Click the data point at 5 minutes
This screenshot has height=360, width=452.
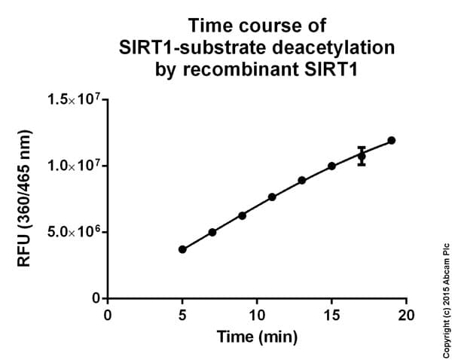182,249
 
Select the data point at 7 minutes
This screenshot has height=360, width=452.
212,232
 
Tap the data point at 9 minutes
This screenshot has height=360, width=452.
242,215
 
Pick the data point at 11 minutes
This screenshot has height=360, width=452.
272,197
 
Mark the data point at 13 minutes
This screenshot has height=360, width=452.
302,181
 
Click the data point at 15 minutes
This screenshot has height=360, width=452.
331,166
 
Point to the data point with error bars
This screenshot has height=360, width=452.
362,156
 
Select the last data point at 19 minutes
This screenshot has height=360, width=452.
392,140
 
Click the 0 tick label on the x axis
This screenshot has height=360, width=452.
108,314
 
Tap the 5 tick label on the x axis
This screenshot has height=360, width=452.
182,314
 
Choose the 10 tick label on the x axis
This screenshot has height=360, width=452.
257,314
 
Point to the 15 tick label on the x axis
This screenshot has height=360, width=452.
331,314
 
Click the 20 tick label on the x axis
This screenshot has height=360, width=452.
406,314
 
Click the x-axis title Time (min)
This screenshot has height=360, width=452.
257,336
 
